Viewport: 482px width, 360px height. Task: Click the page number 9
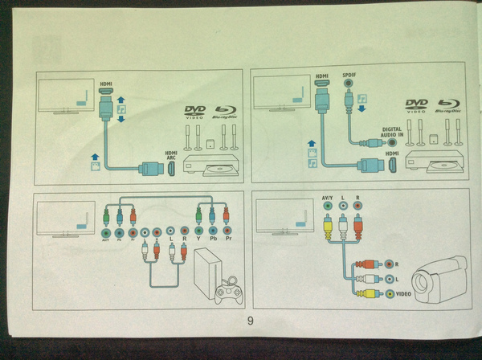[251, 321]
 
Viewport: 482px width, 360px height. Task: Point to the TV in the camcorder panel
[281, 217]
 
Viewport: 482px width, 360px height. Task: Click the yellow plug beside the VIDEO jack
[368, 294]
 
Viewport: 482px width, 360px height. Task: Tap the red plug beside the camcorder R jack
[368, 264]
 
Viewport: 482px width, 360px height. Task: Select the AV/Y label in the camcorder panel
[326, 196]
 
